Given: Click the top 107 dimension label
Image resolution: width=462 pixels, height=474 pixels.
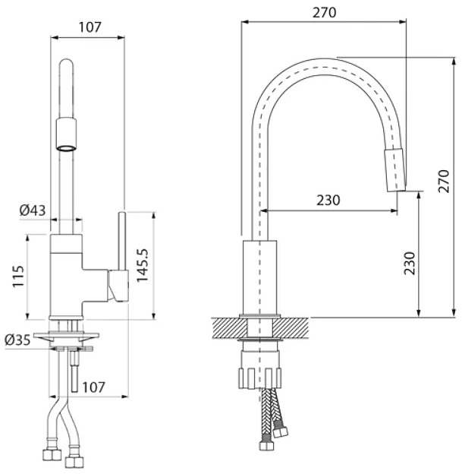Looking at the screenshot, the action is tap(90, 27).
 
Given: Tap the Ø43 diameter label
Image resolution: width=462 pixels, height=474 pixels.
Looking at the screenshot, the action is tap(33, 210).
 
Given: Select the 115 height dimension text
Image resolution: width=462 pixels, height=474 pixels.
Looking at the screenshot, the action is tap(18, 276).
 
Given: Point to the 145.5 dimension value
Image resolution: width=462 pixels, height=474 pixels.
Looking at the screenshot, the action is tap(142, 266).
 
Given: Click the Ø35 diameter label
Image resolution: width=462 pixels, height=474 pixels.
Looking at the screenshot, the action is tap(17, 340).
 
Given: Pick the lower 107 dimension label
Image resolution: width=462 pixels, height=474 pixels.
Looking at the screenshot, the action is tap(93, 387).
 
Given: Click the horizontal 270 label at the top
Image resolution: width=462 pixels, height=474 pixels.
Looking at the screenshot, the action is tap(324, 12).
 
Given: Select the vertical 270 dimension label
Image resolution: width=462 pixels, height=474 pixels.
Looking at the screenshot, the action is tap(444, 182).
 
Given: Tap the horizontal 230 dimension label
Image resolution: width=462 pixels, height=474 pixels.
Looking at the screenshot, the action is tap(328, 200).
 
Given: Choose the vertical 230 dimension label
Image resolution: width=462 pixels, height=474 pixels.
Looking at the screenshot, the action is tap(410, 264).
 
